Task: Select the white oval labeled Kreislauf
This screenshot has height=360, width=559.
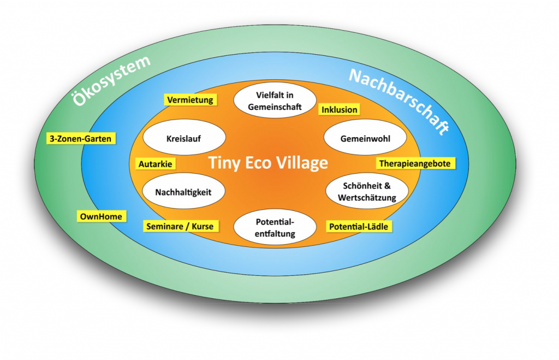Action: click(x=183, y=139)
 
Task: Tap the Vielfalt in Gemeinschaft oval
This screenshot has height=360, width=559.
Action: click(x=275, y=101)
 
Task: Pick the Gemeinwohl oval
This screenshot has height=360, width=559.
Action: click(x=365, y=139)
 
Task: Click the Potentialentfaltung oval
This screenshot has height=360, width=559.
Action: click(x=275, y=228)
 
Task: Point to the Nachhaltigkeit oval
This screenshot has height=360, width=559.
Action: click(x=183, y=192)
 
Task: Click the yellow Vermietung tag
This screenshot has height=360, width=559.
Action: click(x=190, y=100)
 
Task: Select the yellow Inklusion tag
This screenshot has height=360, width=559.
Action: click(x=339, y=109)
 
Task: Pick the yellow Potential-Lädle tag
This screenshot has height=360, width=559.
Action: click(x=359, y=226)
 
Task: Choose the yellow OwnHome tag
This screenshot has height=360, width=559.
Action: click(x=101, y=216)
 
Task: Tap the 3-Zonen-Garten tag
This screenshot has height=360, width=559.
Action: click(x=80, y=139)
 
